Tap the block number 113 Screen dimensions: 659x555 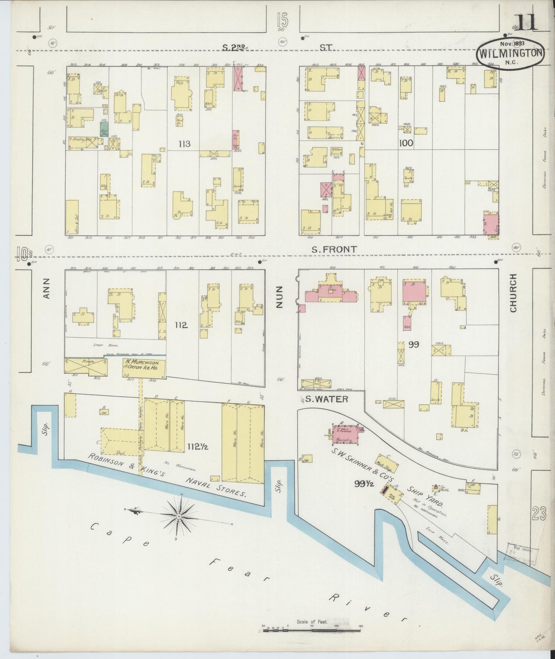pyautogui.click(x=184, y=144)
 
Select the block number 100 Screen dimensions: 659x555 pyautogui.click(x=406, y=143)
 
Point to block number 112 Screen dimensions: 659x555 pyautogui.click(x=181, y=325)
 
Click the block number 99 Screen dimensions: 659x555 pyautogui.click(x=414, y=344)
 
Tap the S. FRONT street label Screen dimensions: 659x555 pyautogui.click(x=333, y=249)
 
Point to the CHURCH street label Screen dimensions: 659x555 pyautogui.click(x=513, y=293)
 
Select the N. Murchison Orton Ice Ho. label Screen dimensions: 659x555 pyautogui.click(x=144, y=365)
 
